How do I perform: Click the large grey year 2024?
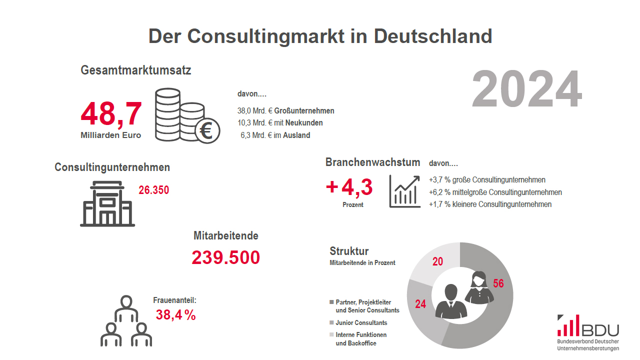coord(526,90)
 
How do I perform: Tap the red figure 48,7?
coord(111,114)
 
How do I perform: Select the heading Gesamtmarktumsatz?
coord(136,70)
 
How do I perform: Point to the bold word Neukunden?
coord(304,122)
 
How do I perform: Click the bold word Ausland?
coord(296,135)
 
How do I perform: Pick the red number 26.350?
coord(154,190)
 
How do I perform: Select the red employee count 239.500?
coord(226,257)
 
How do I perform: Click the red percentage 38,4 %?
coord(175,315)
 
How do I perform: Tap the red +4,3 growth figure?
coord(349,187)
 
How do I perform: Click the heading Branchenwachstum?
coord(373,162)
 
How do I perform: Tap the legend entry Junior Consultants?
coord(361,323)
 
